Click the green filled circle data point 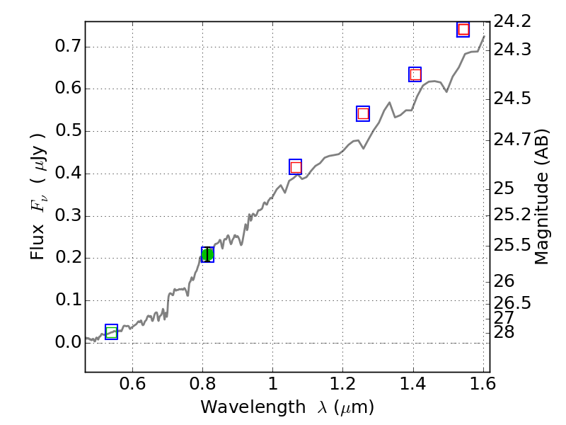(207, 255)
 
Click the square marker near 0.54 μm (111, 332)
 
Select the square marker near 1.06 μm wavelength (296, 167)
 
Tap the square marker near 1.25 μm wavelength (363, 113)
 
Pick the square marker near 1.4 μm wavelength (415, 74)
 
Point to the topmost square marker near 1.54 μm (463, 29)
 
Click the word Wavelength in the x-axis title (241, 407)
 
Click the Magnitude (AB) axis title (542, 196)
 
